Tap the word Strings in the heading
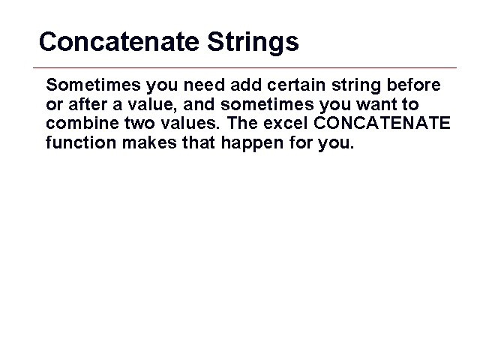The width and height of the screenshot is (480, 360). pos(247,43)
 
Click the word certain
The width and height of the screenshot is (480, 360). pos(304,82)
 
